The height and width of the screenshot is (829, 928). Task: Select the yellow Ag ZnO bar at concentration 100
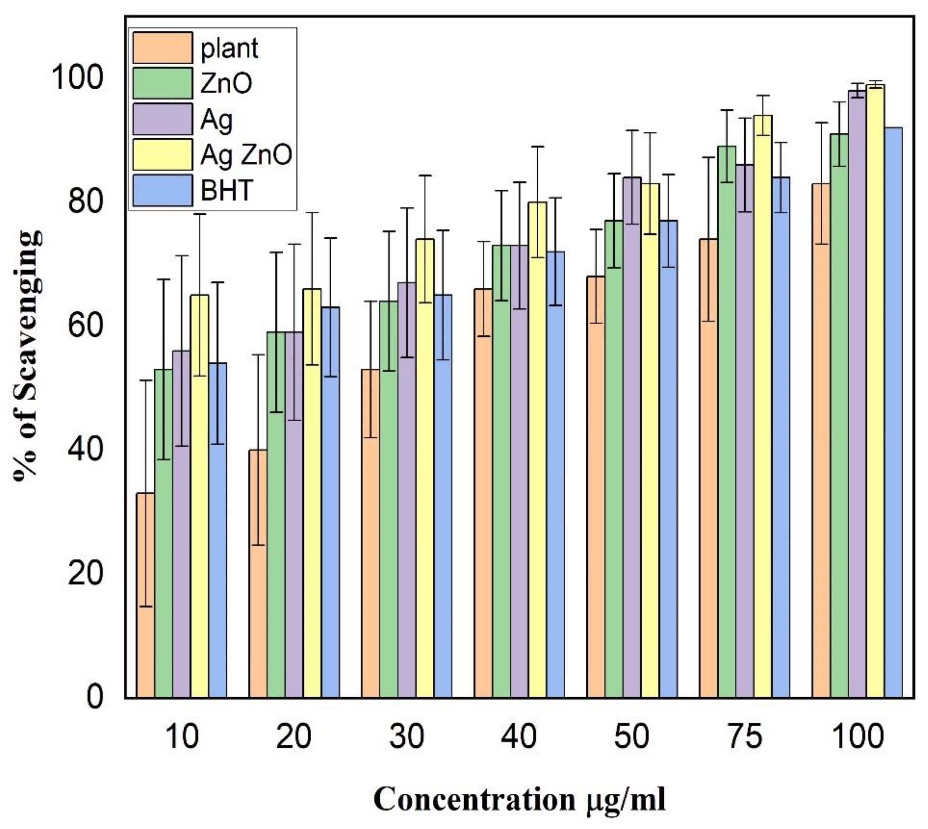(x=875, y=392)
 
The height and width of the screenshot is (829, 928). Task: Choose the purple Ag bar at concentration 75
(x=744, y=433)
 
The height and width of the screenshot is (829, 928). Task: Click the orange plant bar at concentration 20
(x=258, y=574)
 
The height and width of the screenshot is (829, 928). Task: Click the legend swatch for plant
(x=162, y=48)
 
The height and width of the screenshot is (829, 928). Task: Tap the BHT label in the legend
(x=226, y=190)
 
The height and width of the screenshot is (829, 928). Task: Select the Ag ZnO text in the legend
(x=246, y=155)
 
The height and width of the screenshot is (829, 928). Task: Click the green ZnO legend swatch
(x=162, y=83)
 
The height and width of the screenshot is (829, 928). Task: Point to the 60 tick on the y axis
(x=85, y=326)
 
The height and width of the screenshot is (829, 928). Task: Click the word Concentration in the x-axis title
(x=474, y=799)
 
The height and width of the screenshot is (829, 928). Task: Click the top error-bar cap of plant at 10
(x=146, y=380)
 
